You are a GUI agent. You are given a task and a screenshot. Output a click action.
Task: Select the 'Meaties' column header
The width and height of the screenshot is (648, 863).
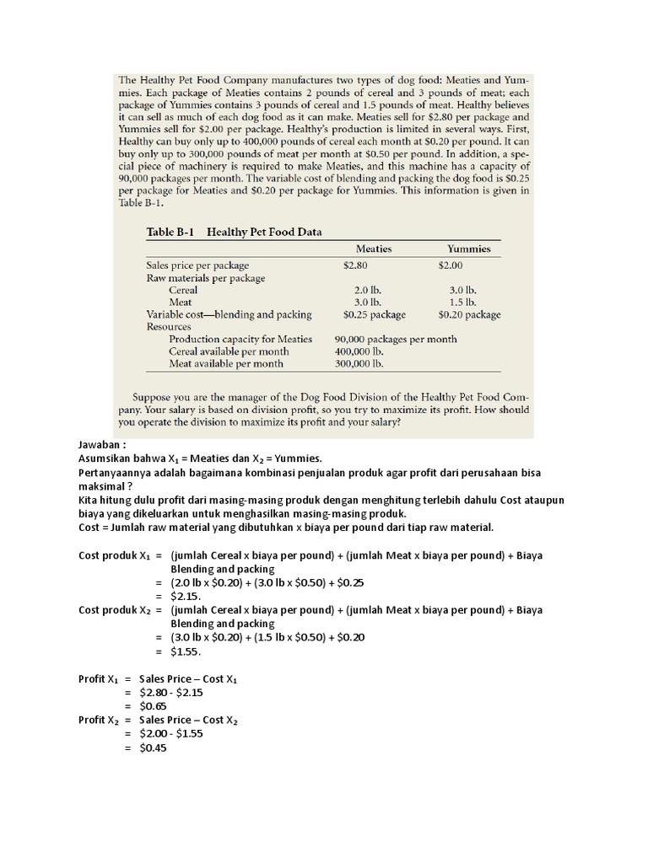374,249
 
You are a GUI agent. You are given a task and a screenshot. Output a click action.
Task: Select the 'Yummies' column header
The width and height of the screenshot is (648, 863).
469,249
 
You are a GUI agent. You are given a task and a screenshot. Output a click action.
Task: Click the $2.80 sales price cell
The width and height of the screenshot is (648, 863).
357,265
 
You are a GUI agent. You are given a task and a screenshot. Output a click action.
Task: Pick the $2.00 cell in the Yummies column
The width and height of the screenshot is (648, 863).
451,265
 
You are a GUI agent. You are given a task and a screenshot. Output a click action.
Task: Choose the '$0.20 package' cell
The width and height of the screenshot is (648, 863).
469,314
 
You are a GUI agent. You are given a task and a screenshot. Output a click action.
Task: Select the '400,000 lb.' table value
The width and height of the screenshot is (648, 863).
359,351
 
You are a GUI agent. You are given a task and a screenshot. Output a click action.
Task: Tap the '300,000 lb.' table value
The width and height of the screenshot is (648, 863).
359,364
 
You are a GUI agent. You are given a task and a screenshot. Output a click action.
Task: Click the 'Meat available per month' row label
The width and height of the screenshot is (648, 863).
226,364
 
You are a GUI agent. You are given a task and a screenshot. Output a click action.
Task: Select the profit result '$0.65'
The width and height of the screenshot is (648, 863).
154,705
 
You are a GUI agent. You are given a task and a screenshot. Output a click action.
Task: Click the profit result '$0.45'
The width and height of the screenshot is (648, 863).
154,747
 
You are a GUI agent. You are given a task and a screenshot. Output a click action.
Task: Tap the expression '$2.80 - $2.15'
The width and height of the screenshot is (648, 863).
171,692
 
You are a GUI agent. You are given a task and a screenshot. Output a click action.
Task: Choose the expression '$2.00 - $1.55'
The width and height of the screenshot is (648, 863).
171,733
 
